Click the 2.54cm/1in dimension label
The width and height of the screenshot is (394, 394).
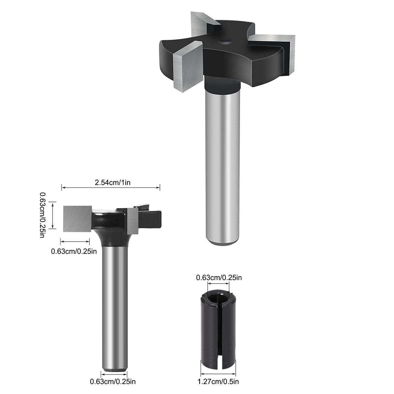tap(113, 182)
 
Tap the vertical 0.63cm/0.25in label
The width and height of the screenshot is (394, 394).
tap(42, 215)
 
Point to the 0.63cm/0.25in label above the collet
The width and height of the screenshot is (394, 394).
tap(219, 277)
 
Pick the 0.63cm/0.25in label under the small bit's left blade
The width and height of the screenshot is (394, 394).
tap(74, 251)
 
